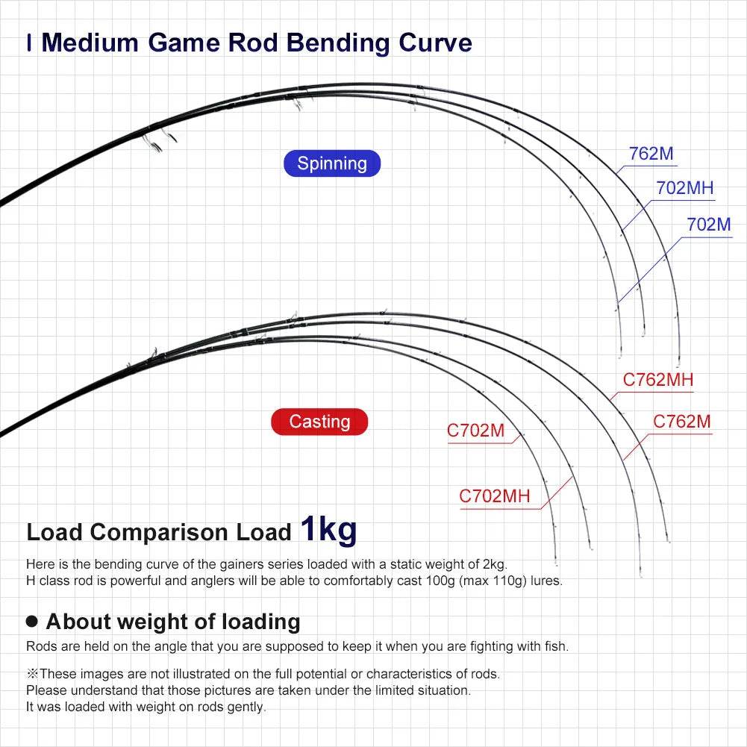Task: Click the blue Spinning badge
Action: (332, 163)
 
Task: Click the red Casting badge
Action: (319, 422)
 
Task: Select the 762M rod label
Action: (651, 154)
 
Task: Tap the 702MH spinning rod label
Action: (685, 188)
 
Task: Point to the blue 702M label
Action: (709, 223)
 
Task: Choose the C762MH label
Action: (658, 380)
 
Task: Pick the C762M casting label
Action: (682, 422)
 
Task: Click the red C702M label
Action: (476, 431)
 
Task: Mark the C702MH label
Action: (494, 496)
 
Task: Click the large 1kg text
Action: (328, 529)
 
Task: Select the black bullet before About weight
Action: (31, 621)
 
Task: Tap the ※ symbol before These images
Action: (32, 674)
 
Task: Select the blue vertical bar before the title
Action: (28, 43)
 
